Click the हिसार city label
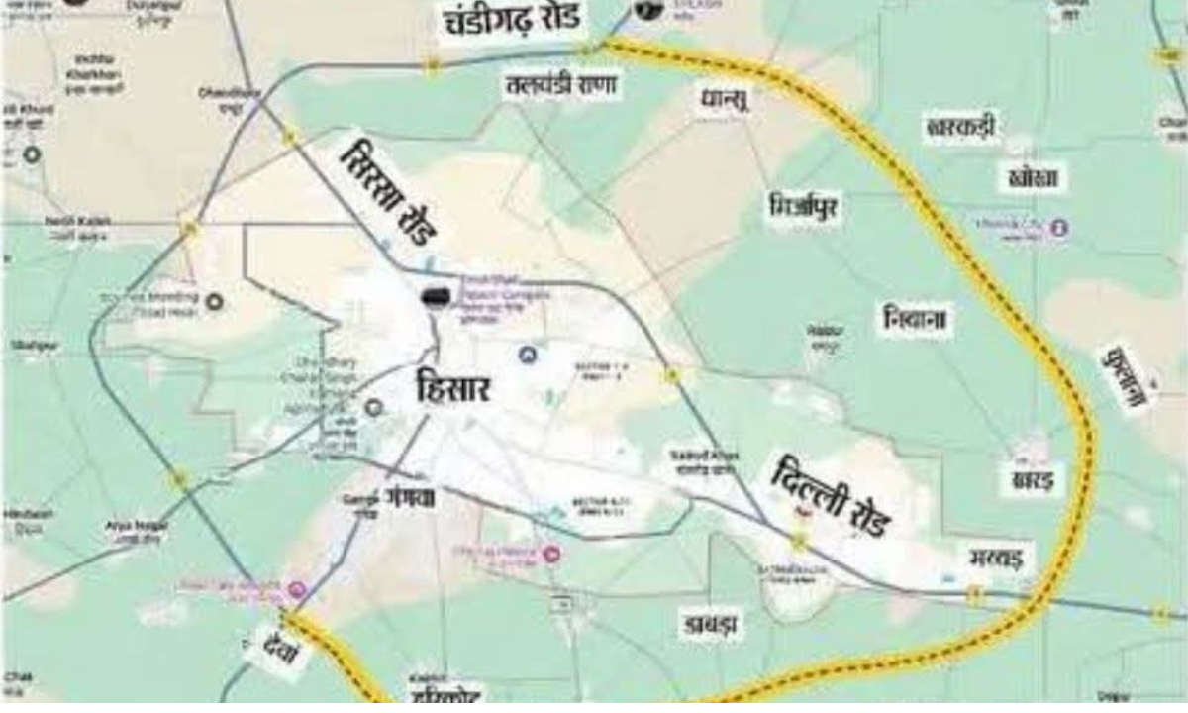click(x=454, y=386)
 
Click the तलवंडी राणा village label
click(x=560, y=86)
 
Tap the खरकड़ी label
click(x=961, y=126)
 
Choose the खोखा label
click(x=1033, y=177)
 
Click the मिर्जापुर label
click(x=804, y=208)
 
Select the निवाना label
click(x=916, y=319)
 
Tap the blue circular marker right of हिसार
click(x=527, y=353)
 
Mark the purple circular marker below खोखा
click(x=1059, y=227)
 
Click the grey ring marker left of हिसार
click(x=373, y=406)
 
